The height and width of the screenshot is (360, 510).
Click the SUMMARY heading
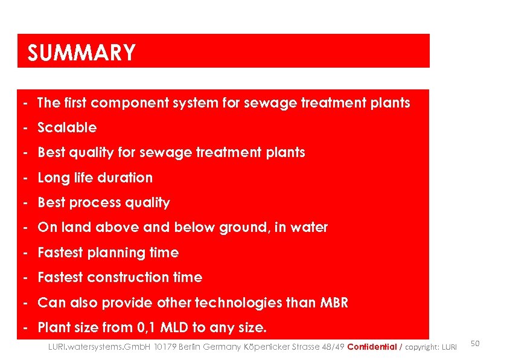coord(81,53)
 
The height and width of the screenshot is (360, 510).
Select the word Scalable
coord(67,128)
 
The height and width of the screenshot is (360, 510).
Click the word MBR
coord(335,303)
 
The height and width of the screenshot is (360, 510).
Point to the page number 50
coord(475,344)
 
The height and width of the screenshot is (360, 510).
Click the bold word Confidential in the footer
coord(372,347)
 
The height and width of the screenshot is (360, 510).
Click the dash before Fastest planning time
coord(27,252)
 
